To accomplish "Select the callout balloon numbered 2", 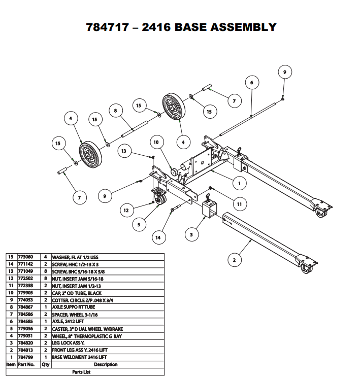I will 234,261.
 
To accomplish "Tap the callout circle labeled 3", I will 191,234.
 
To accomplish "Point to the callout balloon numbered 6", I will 251,82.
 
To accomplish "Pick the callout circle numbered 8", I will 116,111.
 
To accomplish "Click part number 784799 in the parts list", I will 26,357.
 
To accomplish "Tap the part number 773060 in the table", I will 26,257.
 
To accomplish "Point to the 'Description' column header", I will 105,364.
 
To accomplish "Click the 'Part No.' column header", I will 26,364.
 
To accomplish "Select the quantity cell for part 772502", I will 45,279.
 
